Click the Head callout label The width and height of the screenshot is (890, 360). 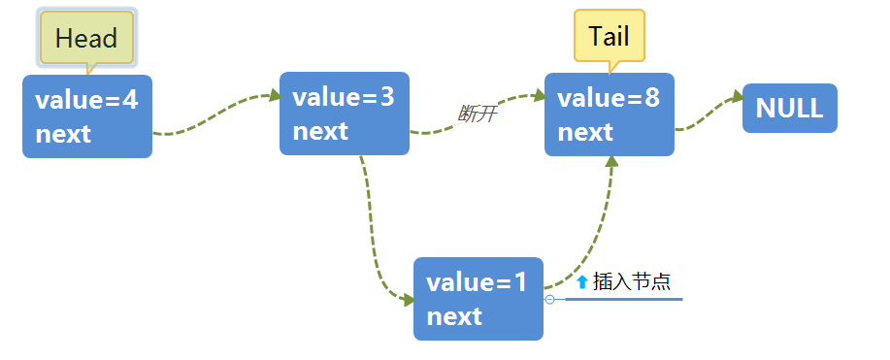click(x=86, y=39)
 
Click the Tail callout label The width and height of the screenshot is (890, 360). click(x=609, y=36)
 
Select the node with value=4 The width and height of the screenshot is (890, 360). click(x=87, y=116)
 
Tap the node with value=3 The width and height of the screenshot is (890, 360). click(x=344, y=113)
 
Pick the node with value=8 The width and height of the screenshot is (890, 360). click(x=609, y=114)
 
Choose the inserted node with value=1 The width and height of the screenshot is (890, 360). click(x=478, y=299)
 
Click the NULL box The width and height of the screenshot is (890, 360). click(x=789, y=109)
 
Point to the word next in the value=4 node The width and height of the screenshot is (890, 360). click(x=63, y=134)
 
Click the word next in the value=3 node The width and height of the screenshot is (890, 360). click(x=320, y=131)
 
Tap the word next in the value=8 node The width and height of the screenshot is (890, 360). click(x=585, y=132)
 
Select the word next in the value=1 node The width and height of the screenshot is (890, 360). click(x=454, y=316)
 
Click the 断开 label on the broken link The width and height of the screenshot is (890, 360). click(x=478, y=115)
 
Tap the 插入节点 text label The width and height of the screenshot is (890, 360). click(x=632, y=281)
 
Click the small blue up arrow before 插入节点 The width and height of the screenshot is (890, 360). click(x=582, y=281)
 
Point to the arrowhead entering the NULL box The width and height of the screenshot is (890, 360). click(x=737, y=97)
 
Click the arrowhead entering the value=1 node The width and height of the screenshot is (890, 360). click(x=408, y=300)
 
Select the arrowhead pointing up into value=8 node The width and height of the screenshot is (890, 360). click(x=611, y=162)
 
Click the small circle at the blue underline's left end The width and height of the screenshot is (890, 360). click(x=550, y=300)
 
